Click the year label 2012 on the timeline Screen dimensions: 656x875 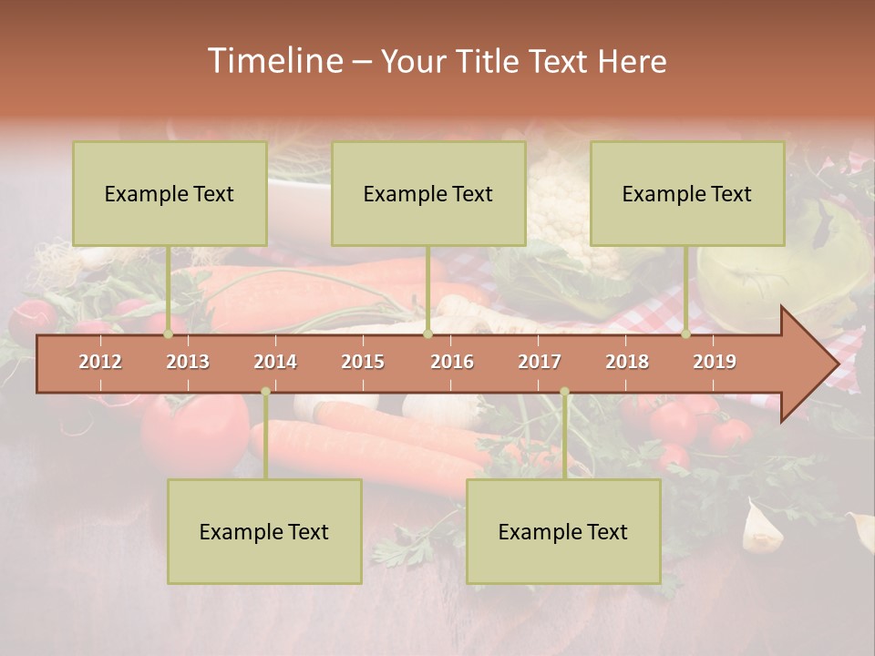tap(100, 362)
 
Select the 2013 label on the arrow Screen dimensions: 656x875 tap(188, 362)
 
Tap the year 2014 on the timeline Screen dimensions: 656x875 tap(275, 362)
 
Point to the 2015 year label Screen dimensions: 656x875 tap(363, 362)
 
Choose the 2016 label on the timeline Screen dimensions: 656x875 tap(452, 362)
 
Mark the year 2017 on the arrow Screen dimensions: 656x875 tap(540, 362)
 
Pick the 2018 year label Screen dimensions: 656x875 tap(627, 362)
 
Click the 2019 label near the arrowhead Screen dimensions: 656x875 tap(715, 362)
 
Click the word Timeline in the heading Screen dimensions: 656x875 tap(273, 61)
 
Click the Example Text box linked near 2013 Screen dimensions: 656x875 tap(170, 193)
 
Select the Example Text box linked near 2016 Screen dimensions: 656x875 tap(428, 193)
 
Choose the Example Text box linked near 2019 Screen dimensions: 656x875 tap(687, 193)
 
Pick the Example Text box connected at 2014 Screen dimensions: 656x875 tap(264, 531)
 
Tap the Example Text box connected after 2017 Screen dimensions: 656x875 tap(563, 531)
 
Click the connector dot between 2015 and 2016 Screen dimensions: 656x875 tap(427, 334)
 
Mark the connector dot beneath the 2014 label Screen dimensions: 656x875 tap(265, 392)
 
